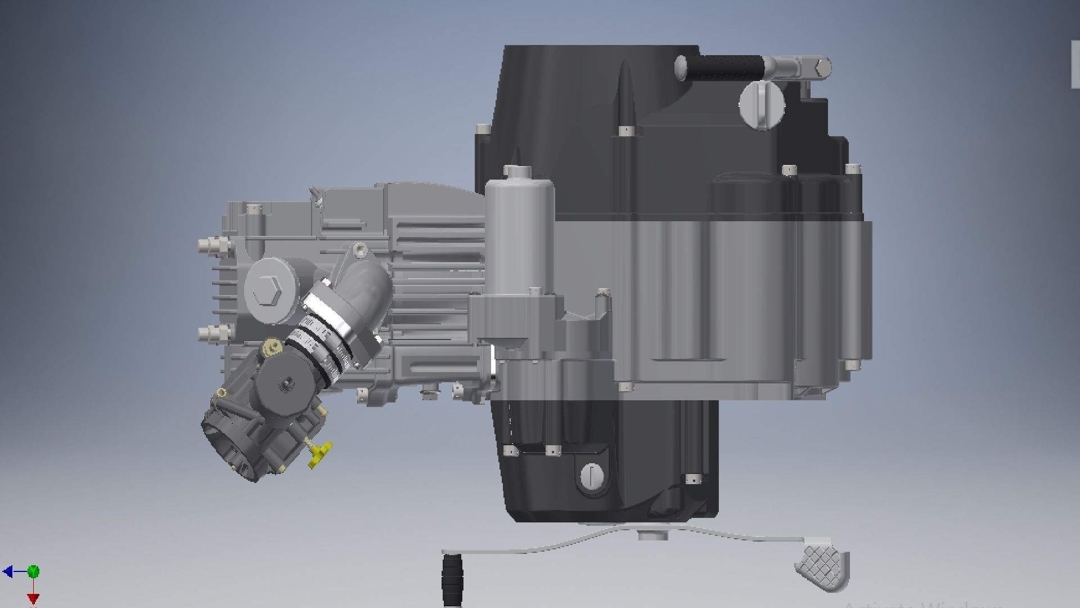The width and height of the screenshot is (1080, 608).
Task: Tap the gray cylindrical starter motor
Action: [x=519, y=236]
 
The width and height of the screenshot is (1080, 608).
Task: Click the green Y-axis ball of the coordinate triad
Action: [x=34, y=572]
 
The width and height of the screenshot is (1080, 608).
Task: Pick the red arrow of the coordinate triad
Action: [x=33, y=598]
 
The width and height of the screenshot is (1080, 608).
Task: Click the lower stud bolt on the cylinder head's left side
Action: [x=214, y=334]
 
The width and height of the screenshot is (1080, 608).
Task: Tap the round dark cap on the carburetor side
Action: [x=285, y=383]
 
